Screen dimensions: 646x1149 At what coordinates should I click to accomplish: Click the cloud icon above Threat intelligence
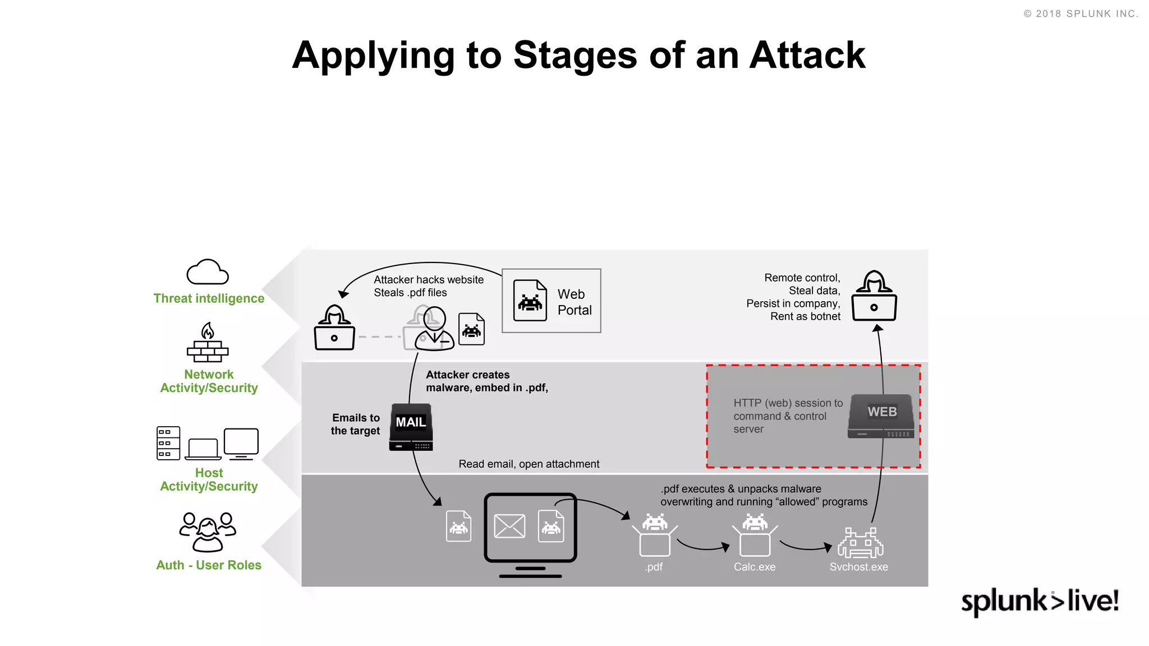point(208,273)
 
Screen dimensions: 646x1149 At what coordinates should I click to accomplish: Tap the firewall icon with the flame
point(208,343)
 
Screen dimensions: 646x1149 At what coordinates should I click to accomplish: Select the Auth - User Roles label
point(209,565)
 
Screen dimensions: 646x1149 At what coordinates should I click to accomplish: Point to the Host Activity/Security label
point(209,480)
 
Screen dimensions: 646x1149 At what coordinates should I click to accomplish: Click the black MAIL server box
point(411,427)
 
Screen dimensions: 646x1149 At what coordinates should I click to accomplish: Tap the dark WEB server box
point(881,416)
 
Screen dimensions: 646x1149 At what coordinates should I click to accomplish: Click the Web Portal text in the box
point(574,302)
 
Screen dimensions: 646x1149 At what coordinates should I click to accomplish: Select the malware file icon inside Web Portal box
point(530,301)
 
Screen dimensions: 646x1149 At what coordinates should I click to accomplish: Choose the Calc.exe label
point(755,567)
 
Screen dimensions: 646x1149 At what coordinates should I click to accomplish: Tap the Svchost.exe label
point(858,567)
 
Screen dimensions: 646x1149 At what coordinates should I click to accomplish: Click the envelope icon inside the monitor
point(509,527)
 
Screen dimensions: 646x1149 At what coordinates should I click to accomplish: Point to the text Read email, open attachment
point(528,464)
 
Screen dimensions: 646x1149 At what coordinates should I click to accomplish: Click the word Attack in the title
point(807,56)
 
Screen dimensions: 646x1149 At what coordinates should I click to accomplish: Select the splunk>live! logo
point(1040,601)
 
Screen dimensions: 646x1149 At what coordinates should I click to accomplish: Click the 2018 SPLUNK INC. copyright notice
point(1081,14)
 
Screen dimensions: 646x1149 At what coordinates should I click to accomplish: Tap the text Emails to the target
point(356,424)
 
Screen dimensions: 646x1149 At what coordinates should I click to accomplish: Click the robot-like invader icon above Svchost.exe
point(860,542)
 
